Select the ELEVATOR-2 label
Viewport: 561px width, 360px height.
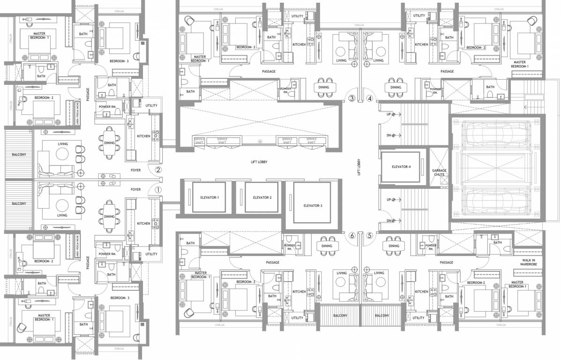259,197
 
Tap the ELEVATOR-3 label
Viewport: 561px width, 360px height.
312,205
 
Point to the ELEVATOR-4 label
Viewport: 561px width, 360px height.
401,166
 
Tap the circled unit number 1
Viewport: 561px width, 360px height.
158,190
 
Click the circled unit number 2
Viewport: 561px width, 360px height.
158,170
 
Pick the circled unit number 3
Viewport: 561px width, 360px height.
352,98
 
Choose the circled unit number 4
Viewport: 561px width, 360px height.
370,98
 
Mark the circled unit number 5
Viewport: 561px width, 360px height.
370,236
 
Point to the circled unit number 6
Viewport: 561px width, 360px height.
352,236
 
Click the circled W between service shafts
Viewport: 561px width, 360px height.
259,141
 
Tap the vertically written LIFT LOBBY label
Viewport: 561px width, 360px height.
359,166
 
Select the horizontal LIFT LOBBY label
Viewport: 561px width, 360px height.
259,161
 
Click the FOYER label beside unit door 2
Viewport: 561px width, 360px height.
135,171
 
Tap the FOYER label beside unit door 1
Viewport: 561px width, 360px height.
135,189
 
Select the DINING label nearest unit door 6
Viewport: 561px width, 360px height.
327,246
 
